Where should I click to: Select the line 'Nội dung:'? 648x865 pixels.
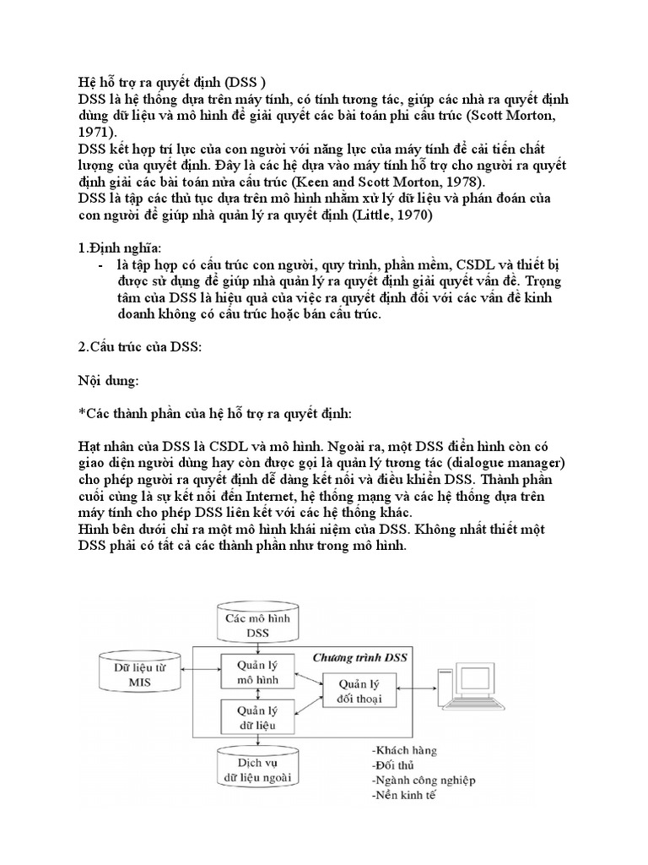[x=104, y=381]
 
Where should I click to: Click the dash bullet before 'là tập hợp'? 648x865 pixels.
[x=102, y=265]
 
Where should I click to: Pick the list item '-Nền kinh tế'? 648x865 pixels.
[x=403, y=796]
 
